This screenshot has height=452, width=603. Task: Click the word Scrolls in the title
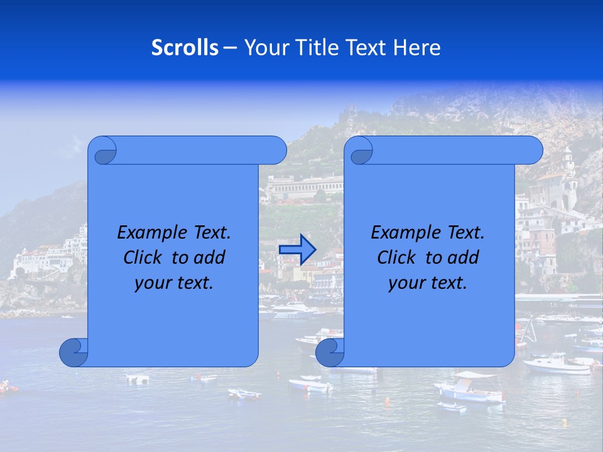(185, 48)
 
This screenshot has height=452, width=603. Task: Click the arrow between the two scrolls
(297, 249)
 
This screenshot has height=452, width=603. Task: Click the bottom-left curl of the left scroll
(73, 352)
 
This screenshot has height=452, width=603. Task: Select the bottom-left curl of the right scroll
(330, 352)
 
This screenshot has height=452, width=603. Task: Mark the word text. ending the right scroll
(448, 283)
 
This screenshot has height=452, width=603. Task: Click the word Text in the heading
(367, 48)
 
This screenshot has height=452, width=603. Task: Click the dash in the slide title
(231, 48)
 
